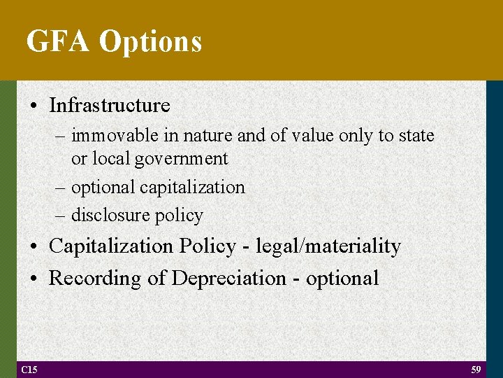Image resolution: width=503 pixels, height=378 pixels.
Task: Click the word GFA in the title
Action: pos(58,41)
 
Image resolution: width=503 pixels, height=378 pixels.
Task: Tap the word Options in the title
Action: pos(150,43)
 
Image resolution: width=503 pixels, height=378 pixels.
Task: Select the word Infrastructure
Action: pos(110,106)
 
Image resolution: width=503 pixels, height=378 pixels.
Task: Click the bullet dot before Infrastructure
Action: pos(34,106)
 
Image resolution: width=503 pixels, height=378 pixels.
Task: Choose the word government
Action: pos(182,160)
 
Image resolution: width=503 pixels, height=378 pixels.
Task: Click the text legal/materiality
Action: pos(329,246)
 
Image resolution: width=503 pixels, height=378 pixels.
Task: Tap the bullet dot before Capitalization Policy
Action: pos(34,247)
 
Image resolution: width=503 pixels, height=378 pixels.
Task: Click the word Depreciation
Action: pos(228,279)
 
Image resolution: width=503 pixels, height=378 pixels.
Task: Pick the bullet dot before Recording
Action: pos(34,279)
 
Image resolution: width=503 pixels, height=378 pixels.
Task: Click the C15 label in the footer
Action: pos(29,369)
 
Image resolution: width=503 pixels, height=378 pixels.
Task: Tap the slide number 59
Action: pos(476,369)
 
